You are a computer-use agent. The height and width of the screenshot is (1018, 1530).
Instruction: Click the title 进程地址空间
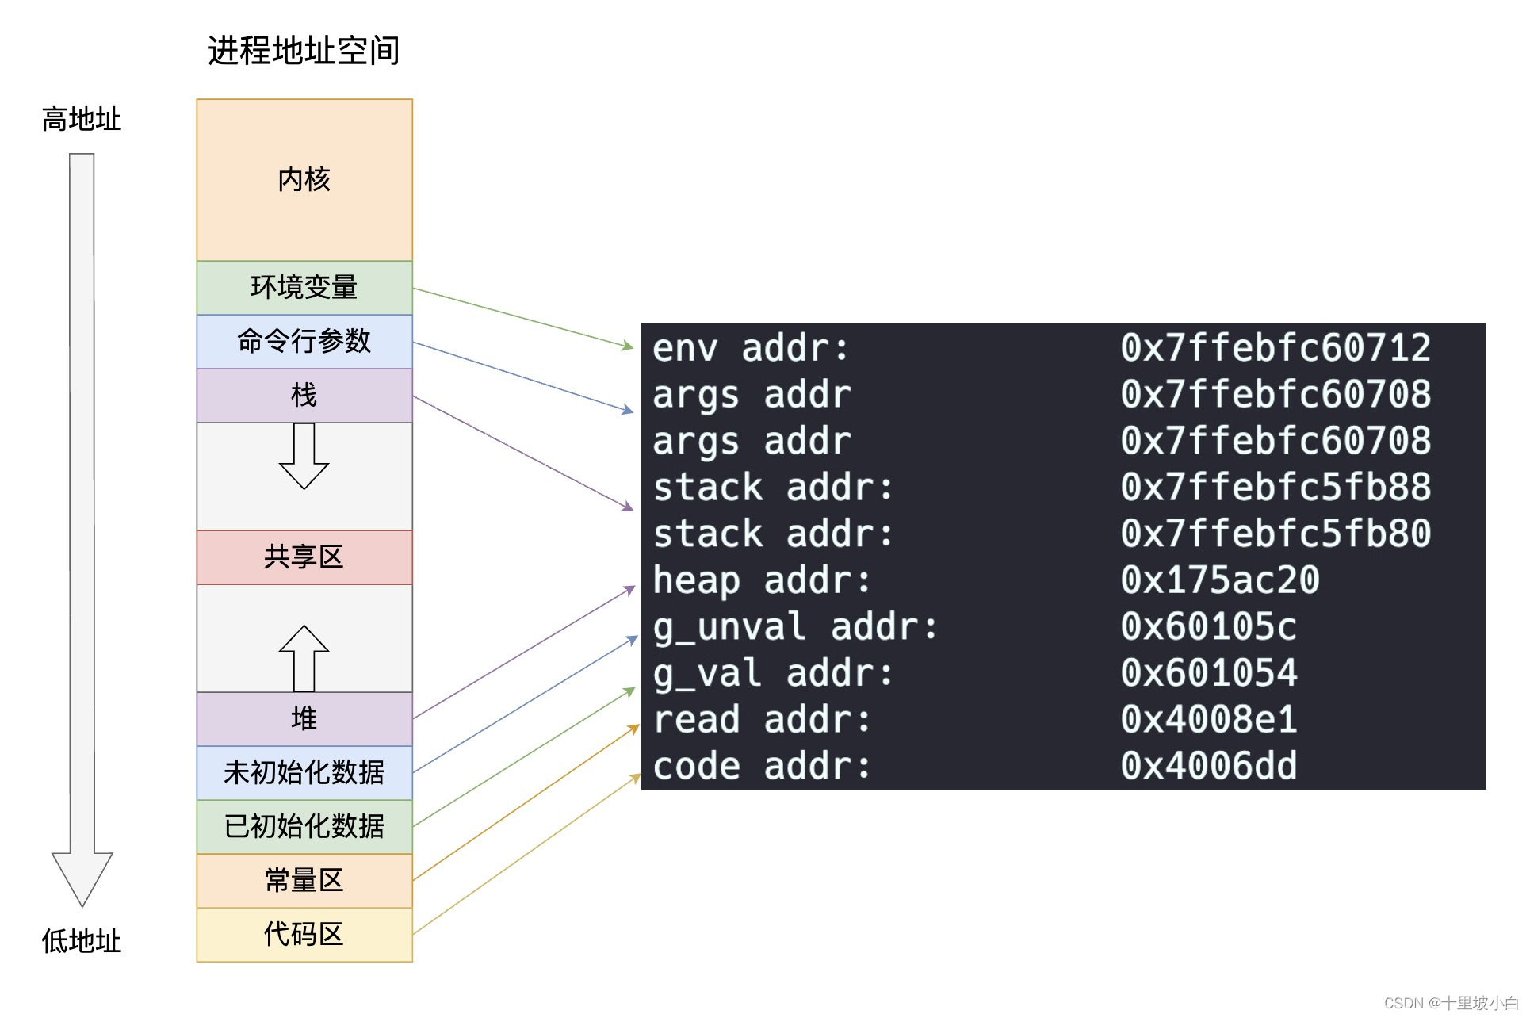tap(304, 51)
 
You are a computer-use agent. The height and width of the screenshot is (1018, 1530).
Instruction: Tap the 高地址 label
tap(81, 120)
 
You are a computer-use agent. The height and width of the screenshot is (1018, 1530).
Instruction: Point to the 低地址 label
tap(81, 941)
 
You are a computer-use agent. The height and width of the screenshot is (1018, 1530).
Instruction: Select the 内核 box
tap(304, 180)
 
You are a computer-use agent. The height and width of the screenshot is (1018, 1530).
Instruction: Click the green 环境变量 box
tap(304, 287)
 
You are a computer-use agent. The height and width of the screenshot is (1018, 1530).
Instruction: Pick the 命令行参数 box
tap(304, 341)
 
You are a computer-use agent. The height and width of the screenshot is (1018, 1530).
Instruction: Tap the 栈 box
tap(304, 395)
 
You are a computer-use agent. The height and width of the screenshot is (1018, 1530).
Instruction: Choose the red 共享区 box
tap(304, 557)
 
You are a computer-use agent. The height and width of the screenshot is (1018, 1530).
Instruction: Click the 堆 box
tap(304, 718)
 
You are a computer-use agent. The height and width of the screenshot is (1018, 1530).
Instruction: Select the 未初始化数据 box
tap(304, 772)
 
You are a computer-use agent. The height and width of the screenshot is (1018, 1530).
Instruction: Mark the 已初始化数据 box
tap(304, 826)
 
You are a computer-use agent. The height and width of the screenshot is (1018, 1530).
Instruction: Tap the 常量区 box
tap(304, 880)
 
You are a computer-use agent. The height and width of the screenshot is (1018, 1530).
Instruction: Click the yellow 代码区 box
tap(304, 934)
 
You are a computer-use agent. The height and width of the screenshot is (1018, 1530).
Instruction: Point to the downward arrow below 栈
tap(304, 456)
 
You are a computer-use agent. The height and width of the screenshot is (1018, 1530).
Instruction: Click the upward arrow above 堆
tap(304, 658)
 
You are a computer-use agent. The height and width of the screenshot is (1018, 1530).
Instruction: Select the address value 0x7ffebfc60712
tap(1275, 348)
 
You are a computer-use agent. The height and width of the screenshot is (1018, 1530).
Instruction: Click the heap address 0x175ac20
tap(1219, 580)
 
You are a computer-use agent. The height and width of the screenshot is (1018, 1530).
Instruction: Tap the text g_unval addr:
tap(794, 627)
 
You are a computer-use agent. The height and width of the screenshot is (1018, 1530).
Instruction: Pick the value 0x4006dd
tap(1208, 766)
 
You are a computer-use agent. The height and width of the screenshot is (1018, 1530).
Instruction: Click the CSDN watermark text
tap(1450, 1003)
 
